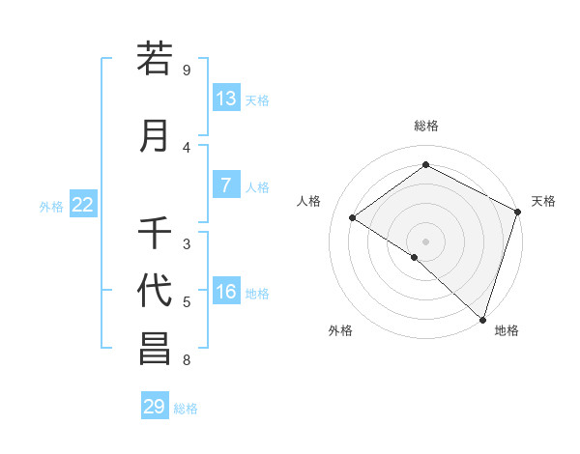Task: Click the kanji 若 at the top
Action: tap(155, 60)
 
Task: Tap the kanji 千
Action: tap(155, 234)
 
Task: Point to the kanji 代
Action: tap(155, 291)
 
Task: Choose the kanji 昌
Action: tap(155, 350)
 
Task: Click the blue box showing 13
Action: tap(226, 99)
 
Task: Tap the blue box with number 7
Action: tap(226, 185)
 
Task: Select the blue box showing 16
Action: tap(226, 292)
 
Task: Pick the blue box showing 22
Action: tap(83, 205)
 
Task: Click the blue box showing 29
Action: tap(155, 406)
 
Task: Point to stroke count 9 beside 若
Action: tap(187, 71)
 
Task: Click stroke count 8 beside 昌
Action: tap(187, 360)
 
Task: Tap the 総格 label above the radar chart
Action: tap(426, 126)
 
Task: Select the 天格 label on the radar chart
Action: tap(543, 201)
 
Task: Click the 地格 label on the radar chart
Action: tap(507, 331)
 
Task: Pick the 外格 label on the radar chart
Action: tap(340, 331)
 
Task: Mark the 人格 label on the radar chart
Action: tap(309, 201)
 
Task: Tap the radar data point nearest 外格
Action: tap(414, 257)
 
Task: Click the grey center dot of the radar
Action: tap(425, 241)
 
